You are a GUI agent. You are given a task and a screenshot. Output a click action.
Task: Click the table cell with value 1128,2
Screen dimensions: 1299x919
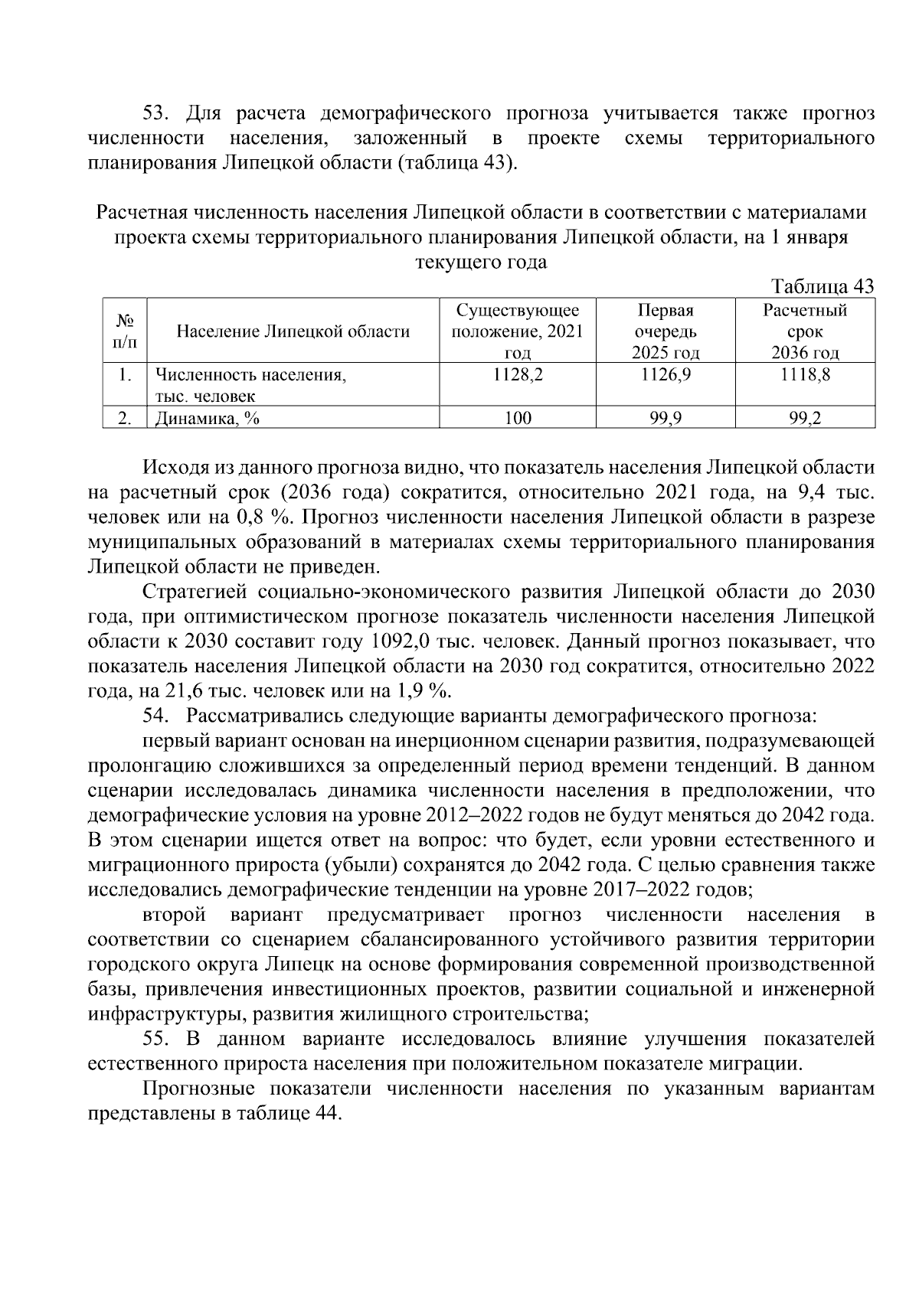(x=518, y=375)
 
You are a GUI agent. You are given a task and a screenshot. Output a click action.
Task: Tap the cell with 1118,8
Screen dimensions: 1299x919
(x=805, y=375)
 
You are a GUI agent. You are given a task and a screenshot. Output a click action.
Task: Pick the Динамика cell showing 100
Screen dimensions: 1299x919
(x=518, y=418)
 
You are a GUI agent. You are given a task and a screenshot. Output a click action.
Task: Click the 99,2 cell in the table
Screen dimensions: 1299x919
(x=805, y=418)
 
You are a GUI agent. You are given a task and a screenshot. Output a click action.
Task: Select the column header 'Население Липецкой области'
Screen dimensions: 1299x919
(x=293, y=331)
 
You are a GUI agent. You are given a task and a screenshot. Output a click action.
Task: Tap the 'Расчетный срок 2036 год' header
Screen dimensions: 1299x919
(x=805, y=331)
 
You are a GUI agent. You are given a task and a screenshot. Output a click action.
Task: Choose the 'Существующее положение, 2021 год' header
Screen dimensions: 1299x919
(x=518, y=331)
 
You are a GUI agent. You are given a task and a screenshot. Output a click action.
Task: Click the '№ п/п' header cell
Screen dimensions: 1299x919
(x=125, y=331)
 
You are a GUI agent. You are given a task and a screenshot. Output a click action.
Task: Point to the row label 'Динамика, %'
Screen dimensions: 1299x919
(x=207, y=418)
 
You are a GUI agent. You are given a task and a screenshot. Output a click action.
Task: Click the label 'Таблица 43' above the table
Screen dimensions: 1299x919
(x=823, y=286)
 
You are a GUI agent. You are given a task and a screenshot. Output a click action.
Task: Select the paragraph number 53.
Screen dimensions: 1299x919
(x=155, y=114)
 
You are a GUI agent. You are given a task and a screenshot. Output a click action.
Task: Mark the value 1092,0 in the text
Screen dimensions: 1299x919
(x=397, y=641)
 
